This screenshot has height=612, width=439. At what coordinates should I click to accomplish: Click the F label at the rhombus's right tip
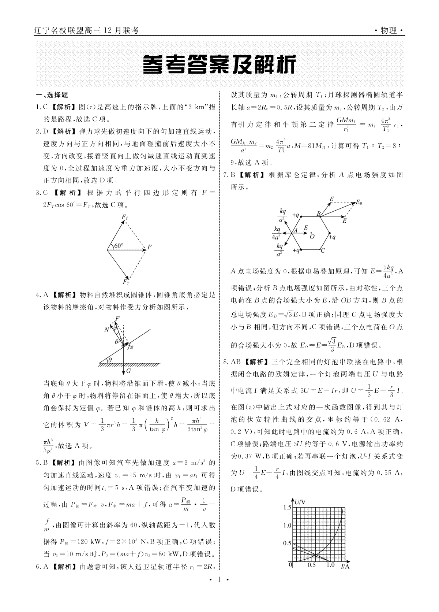click(x=150, y=247)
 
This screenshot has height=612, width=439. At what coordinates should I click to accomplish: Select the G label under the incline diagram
click(x=128, y=371)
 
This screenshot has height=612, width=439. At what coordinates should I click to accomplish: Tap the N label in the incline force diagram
click(x=106, y=329)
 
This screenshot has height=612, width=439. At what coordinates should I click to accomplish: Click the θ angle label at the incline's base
click(x=109, y=360)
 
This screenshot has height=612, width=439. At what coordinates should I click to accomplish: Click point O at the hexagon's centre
click(x=312, y=237)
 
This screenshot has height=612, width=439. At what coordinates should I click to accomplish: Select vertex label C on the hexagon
click(x=323, y=251)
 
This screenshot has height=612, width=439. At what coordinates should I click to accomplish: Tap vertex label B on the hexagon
click(x=318, y=213)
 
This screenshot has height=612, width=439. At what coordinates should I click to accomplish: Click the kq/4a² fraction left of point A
click(x=276, y=233)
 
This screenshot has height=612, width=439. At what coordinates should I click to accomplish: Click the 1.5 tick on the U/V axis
click(x=287, y=507)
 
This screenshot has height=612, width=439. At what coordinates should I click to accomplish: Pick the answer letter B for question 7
click(x=233, y=175)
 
